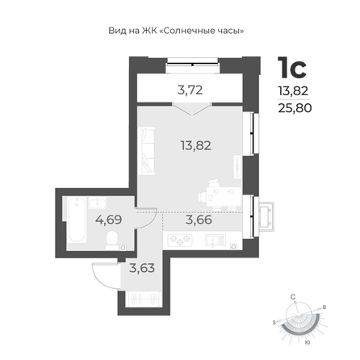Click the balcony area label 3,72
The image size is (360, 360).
190,90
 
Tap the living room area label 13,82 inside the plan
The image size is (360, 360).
196,145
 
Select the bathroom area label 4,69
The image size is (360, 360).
108,220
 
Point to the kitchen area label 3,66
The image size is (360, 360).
199,220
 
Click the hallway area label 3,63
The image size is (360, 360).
142,268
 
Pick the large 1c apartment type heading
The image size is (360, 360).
292,68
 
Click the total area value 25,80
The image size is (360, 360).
295,108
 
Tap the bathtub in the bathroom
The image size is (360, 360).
77,219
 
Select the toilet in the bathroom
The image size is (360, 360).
111,241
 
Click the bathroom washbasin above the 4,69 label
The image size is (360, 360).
98,203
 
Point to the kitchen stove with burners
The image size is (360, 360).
180,240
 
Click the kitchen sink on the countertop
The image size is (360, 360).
216,241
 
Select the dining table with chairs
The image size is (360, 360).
220,195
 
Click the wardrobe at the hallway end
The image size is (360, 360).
143,299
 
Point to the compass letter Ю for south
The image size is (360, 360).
307,342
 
